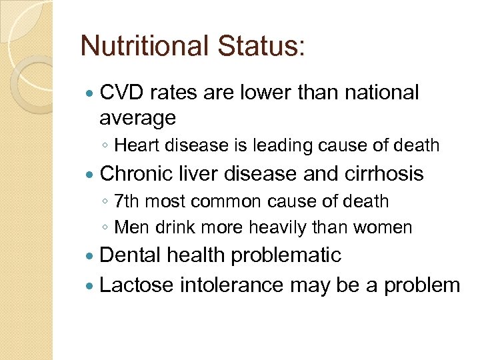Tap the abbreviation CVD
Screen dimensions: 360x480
tap(123, 93)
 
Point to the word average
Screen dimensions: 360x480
tap(137, 119)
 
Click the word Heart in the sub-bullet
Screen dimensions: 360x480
tap(136, 146)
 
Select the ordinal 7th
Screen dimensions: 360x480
tap(127, 201)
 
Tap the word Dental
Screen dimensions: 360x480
tap(130, 255)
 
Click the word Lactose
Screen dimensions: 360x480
tap(135, 285)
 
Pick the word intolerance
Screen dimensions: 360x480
tap(230, 285)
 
